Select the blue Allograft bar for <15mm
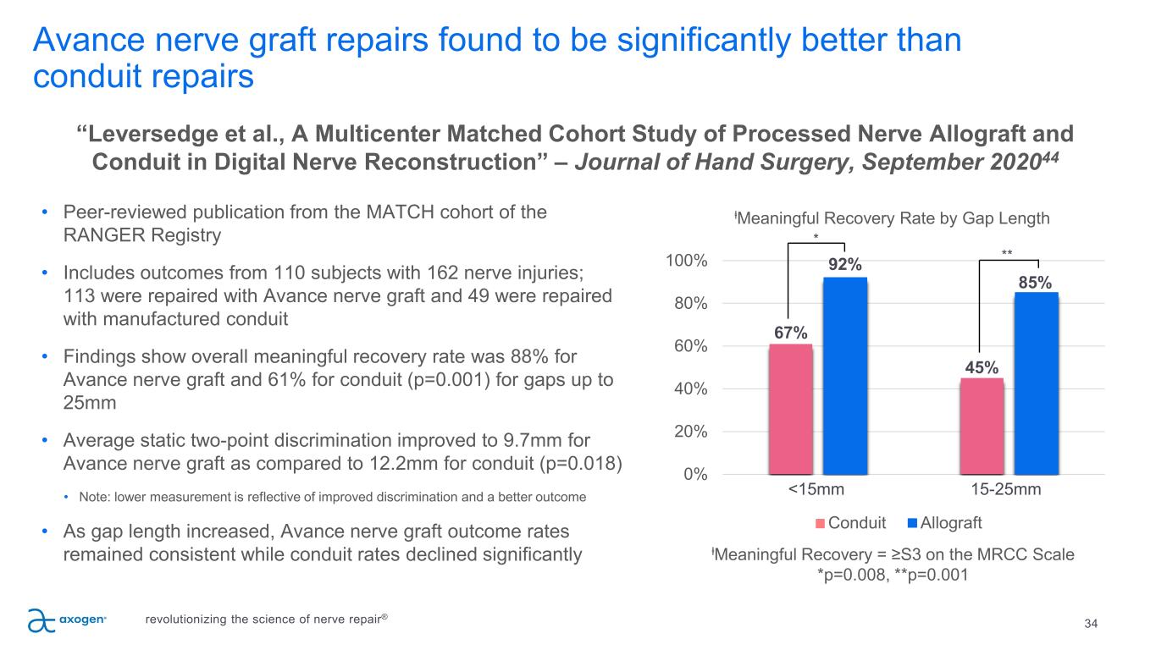[x=845, y=376]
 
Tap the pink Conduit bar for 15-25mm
[x=982, y=426]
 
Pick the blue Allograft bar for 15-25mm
[x=1036, y=383]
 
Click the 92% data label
[x=845, y=265]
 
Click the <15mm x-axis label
[x=817, y=489]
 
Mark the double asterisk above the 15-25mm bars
[x=1007, y=252]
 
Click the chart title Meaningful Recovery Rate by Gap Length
[x=893, y=218]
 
